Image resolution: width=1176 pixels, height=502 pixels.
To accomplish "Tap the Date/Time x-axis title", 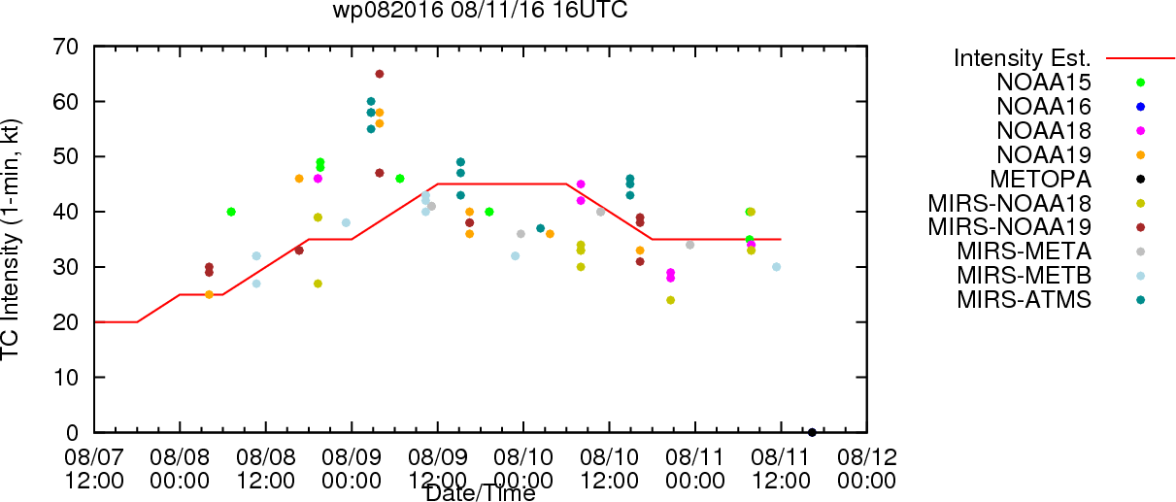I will click(480, 494).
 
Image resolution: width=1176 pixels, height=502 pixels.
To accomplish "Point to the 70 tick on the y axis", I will click(71, 47).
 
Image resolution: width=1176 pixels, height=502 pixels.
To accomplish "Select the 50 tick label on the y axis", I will click(71, 156).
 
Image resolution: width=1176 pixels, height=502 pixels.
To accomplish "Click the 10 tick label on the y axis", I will click(71, 377).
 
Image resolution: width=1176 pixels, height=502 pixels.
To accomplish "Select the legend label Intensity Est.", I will click(1023, 57).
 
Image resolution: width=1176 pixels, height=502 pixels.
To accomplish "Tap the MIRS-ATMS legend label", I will click(1024, 300).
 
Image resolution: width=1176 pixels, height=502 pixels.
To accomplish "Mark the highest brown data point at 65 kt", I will click(380, 74).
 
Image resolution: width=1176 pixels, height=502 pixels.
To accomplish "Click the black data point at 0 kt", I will click(812, 432).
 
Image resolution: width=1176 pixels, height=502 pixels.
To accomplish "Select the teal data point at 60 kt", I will click(371, 101).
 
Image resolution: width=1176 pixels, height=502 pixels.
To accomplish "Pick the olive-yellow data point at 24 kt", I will click(670, 300).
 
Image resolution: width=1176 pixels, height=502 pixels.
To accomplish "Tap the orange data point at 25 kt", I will click(209, 294).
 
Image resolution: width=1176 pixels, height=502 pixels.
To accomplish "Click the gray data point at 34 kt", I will click(689, 245).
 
